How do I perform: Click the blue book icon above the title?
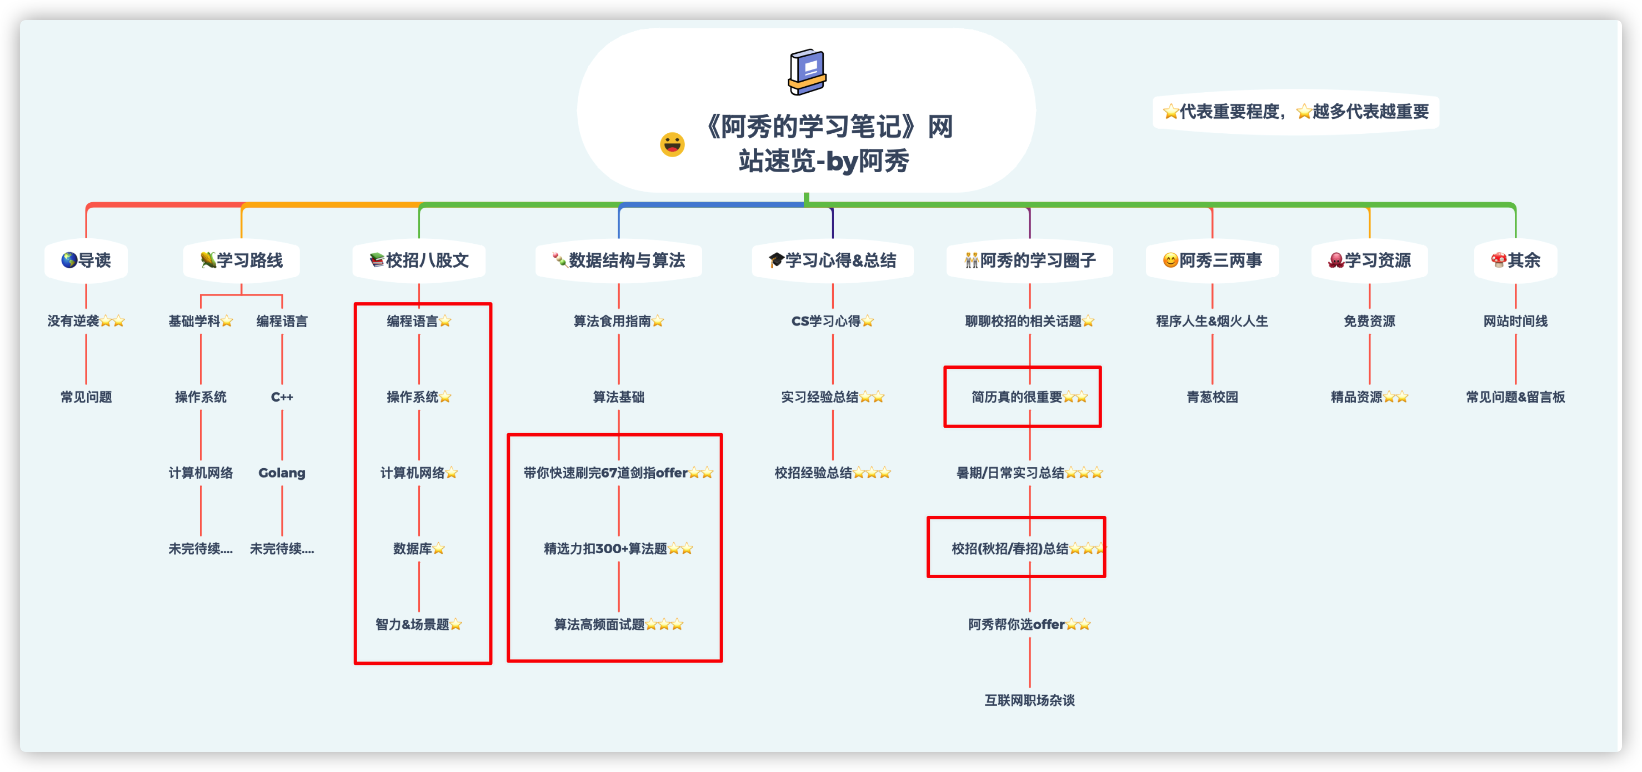807,72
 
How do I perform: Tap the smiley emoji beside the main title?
672,145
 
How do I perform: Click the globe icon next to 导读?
69,260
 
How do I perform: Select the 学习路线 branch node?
242,260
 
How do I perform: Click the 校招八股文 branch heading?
419,260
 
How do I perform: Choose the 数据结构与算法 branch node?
619,260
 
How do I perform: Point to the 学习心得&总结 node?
833,260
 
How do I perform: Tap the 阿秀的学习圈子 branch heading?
1029,260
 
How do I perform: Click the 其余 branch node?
1515,260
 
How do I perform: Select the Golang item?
282,473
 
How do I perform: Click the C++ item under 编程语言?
282,397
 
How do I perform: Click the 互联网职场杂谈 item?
1029,700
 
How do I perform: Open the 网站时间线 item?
1515,321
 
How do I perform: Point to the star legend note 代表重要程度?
1295,112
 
